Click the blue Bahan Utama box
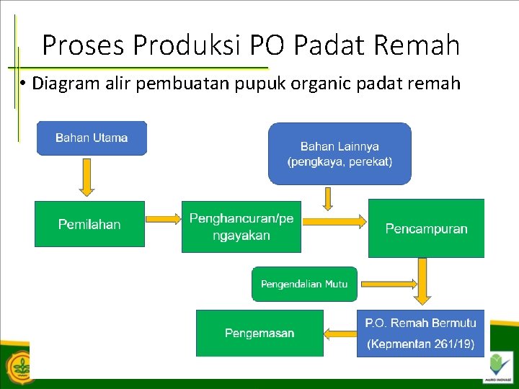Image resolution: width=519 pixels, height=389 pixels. click(x=92, y=138)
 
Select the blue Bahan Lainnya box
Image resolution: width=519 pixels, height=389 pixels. click(x=340, y=153)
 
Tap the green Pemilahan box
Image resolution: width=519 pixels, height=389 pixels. click(x=89, y=224)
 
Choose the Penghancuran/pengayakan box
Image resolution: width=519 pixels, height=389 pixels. click(x=241, y=226)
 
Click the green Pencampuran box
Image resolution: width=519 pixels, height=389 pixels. click(x=426, y=229)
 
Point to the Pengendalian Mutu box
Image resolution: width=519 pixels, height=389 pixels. click(x=303, y=284)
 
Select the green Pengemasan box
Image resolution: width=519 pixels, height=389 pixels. click(x=259, y=333)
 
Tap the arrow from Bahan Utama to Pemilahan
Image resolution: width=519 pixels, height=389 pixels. click(x=86, y=177)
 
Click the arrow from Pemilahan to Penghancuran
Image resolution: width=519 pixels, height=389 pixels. click(x=162, y=218)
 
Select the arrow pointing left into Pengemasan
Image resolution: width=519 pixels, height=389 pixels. click(x=340, y=334)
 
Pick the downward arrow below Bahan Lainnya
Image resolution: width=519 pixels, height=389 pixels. click(x=328, y=198)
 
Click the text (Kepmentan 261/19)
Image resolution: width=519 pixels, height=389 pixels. click(x=421, y=344)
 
